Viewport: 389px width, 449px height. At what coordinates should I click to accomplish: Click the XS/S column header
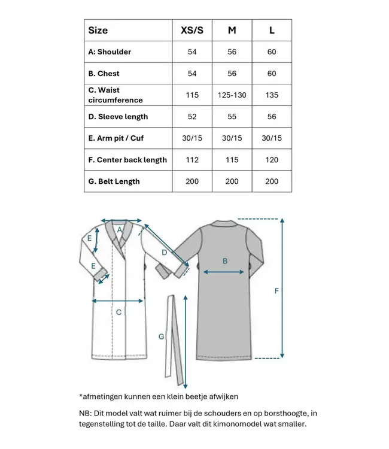(192, 30)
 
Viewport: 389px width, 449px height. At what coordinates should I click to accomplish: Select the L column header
(272, 30)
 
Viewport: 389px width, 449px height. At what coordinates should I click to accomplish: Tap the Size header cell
(98, 30)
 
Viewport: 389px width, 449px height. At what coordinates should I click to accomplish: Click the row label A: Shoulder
(110, 52)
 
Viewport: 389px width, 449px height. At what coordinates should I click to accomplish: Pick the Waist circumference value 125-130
(232, 95)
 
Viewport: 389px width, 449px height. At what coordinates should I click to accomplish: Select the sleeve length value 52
(192, 117)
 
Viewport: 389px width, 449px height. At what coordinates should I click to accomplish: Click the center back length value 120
(272, 160)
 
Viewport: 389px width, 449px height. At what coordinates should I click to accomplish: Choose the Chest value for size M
(232, 74)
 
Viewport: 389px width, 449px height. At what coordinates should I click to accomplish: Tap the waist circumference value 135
(272, 95)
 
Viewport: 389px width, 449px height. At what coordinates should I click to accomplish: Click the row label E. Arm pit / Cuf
(116, 138)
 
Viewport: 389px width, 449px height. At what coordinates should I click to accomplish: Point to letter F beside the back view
(276, 291)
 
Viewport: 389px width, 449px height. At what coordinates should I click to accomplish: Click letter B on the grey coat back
(225, 260)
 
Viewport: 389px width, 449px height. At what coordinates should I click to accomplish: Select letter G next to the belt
(161, 337)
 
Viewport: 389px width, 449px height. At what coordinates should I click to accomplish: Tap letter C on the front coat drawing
(118, 312)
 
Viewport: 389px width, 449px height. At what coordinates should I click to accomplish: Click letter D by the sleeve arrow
(164, 253)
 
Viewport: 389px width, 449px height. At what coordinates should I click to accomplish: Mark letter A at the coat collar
(119, 229)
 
